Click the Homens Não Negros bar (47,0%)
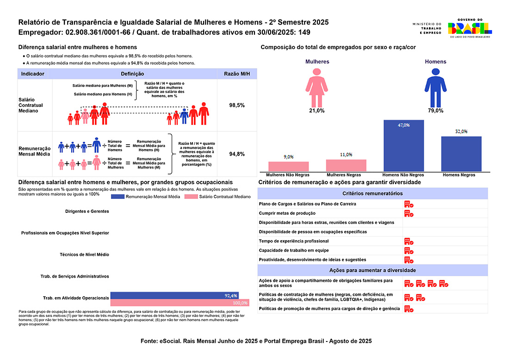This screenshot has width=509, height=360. click(x=403, y=146)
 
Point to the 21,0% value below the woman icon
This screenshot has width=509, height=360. click(x=317, y=111)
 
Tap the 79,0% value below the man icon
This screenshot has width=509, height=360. click(x=435, y=111)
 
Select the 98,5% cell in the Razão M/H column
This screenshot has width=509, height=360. click(x=237, y=106)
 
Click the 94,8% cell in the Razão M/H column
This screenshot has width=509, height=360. click(x=237, y=154)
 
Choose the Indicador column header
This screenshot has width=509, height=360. click(x=33, y=74)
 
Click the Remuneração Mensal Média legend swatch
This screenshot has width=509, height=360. click(x=118, y=197)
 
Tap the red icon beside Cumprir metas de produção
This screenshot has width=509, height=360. click(x=409, y=213)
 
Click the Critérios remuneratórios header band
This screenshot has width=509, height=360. click(x=372, y=193)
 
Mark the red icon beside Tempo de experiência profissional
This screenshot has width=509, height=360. click(x=409, y=241)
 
